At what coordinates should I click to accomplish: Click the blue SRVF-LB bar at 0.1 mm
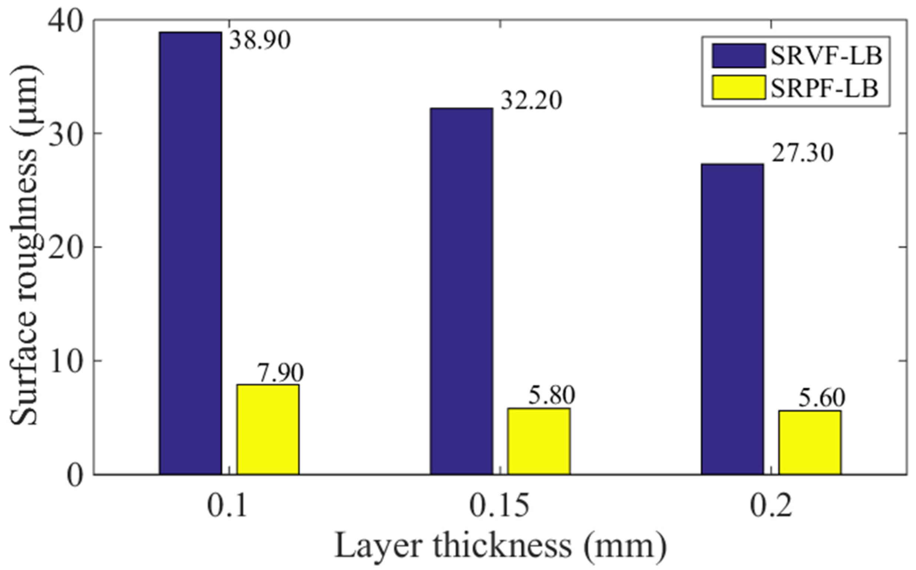190,253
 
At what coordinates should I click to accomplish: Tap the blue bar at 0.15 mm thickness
461,291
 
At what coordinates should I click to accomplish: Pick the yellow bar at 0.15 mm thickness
539,441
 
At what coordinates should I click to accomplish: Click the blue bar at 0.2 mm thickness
732,318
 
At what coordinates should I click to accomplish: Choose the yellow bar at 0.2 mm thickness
810,442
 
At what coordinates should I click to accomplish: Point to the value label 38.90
260,40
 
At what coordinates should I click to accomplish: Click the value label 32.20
532,101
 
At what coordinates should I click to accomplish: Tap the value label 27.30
802,154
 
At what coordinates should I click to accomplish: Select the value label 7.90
280,373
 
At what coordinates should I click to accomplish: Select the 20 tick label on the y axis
63,247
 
